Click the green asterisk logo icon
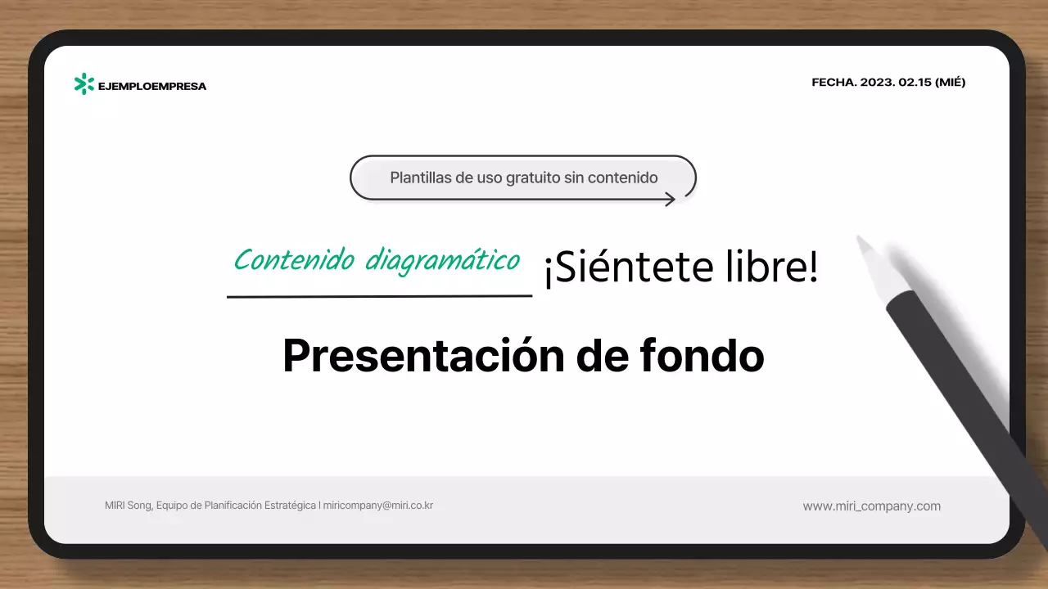84,84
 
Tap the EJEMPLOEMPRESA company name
152,86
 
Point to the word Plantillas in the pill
421,178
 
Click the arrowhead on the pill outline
670,199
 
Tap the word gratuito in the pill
527,178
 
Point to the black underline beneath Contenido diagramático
379,295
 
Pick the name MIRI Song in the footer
128,506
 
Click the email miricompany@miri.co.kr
378,506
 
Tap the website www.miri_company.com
871,506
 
